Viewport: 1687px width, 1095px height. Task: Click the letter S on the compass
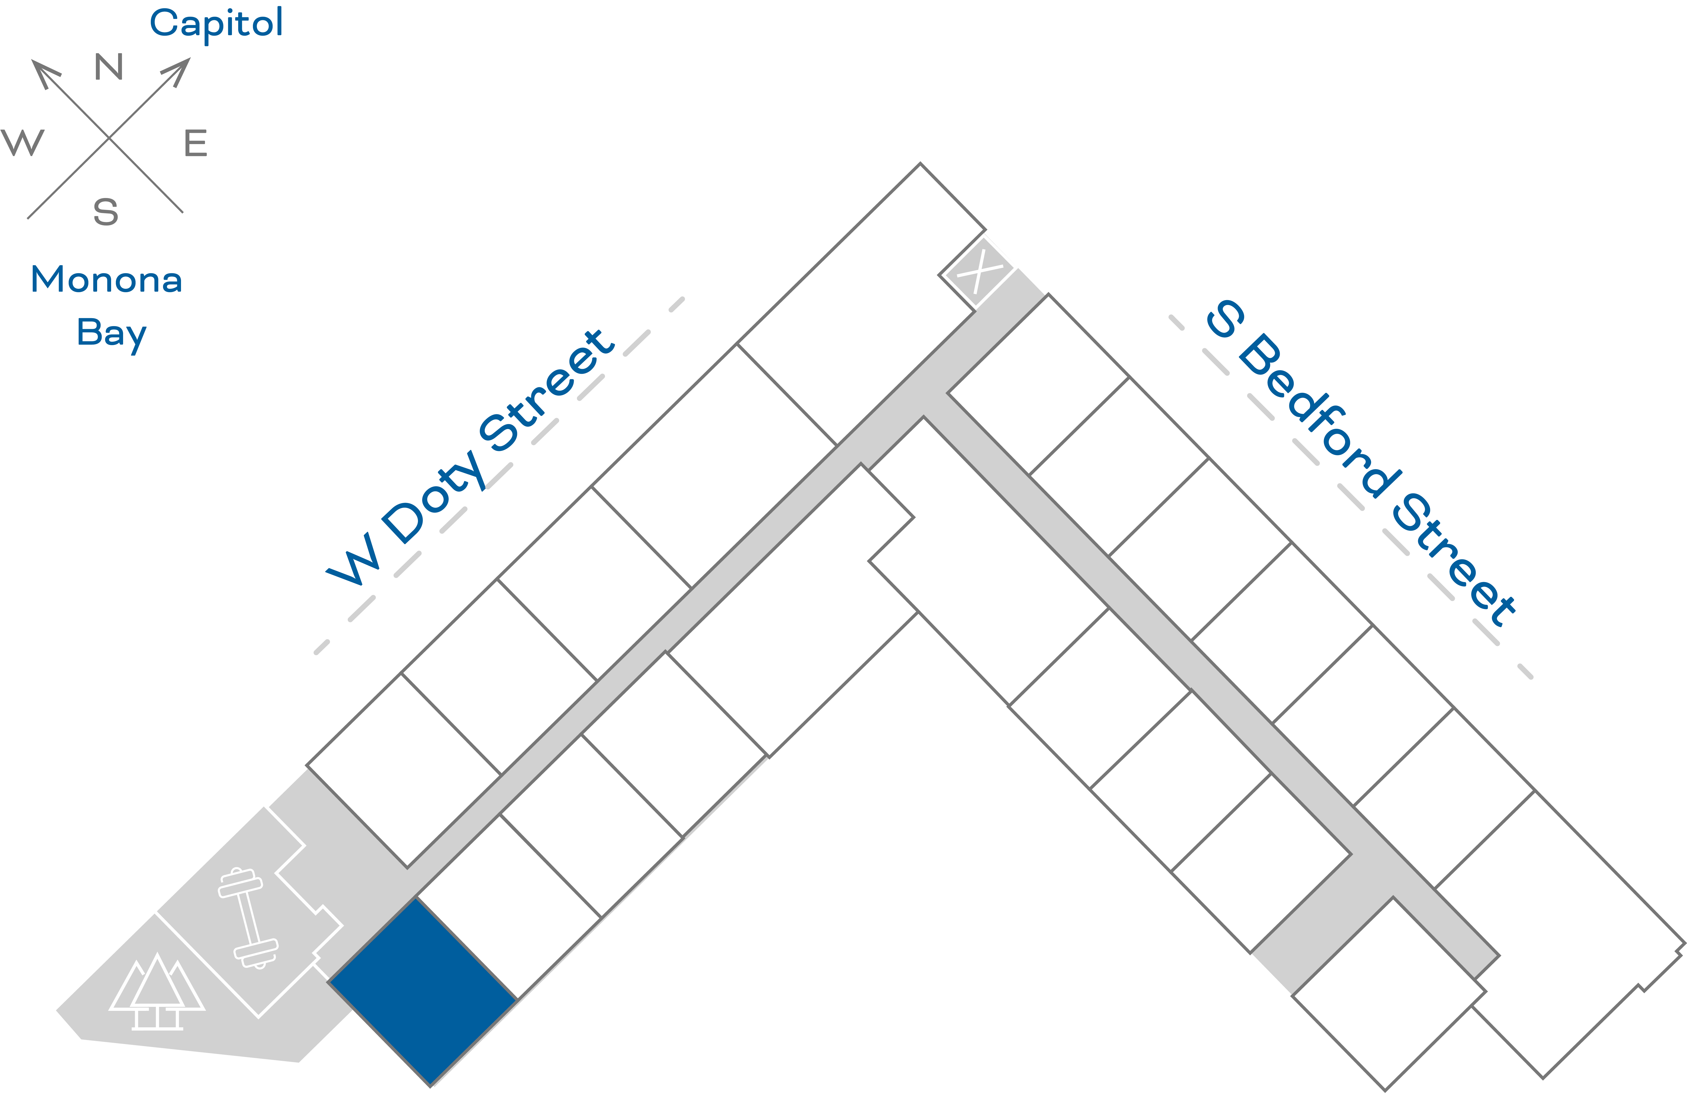pos(106,211)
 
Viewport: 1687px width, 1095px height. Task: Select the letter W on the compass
pos(23,142)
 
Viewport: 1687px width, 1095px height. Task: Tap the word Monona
pos(106,280)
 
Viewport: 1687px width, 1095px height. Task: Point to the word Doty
pos(434,497)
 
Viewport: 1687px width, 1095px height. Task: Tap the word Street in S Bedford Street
pos(1453,560)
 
